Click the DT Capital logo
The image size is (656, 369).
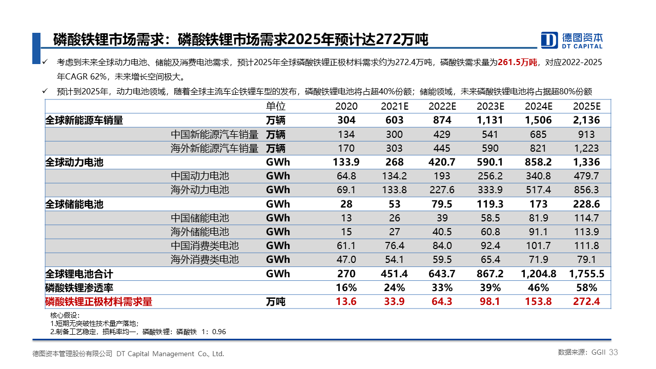click(x=571, y=40)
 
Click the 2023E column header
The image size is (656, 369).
click(x=490, y=106)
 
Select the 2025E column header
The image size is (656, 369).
click(x=587, y=106)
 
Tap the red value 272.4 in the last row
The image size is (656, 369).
click(x=586, y=301)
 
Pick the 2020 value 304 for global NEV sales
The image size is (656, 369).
click(x=346, y=120)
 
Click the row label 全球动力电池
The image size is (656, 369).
click(x=74, y=162)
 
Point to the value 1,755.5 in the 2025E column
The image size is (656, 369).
click(x=586, y=274)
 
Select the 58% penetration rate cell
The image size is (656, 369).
click(x=587, y=288)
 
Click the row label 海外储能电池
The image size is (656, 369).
click(x=200, y=232)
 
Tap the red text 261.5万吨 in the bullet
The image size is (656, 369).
click(x=518, y=63)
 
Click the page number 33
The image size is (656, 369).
click(x=613, y=352)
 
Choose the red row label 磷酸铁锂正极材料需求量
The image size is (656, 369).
click(x=99, y=302)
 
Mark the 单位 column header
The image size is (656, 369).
click(x=276, y=106)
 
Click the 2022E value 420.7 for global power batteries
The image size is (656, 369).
click(x=442, y=162)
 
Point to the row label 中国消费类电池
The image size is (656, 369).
click(x=204, y=245)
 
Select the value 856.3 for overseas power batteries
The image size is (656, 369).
click(x=586, y=190)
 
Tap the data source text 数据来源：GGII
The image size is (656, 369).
click(x=582, y=352)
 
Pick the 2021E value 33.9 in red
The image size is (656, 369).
click(x=394, y=301)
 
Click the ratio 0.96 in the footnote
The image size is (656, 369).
click(x=219, y=332)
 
